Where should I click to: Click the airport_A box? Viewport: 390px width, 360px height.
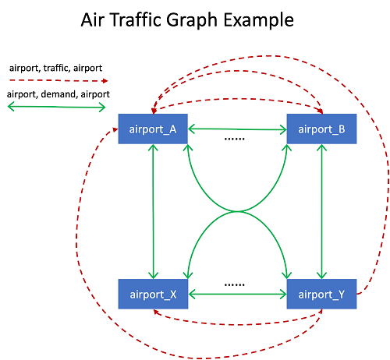[x=153, y=129]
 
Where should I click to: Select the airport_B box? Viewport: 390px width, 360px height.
[x=321, y=129]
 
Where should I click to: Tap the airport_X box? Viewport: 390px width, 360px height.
[x=153, y=294]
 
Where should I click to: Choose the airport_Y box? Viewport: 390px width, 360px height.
[x=321, y=294]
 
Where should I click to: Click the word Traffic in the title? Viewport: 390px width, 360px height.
[x=136, y=19]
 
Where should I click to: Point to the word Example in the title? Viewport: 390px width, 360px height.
[x=259, y=21]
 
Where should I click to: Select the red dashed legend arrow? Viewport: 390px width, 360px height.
[x=58, y=81]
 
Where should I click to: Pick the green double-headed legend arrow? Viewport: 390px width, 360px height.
[x=57, y=107]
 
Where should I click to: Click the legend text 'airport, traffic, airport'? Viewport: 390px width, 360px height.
[x=55, y=68]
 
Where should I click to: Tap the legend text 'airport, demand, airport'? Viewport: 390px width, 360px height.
[x=58, y=94]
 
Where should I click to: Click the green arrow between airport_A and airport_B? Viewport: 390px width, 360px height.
[x=237, y=129]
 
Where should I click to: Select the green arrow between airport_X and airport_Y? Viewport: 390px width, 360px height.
[x=237, y=295]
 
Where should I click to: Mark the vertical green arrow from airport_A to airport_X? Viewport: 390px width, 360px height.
[x=153, y=211]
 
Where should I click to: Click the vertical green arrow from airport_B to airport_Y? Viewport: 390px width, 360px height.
[x=322, y=211]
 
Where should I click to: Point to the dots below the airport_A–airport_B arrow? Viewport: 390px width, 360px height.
[x=234, y=139]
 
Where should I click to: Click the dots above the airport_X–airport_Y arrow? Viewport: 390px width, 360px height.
[x=234, y=285]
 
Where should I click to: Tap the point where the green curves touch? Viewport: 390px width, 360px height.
[x=237, y=211]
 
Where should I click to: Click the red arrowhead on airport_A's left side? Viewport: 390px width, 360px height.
[x=115, y=129]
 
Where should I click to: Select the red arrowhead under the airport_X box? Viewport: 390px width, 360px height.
[x=156, y=312]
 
